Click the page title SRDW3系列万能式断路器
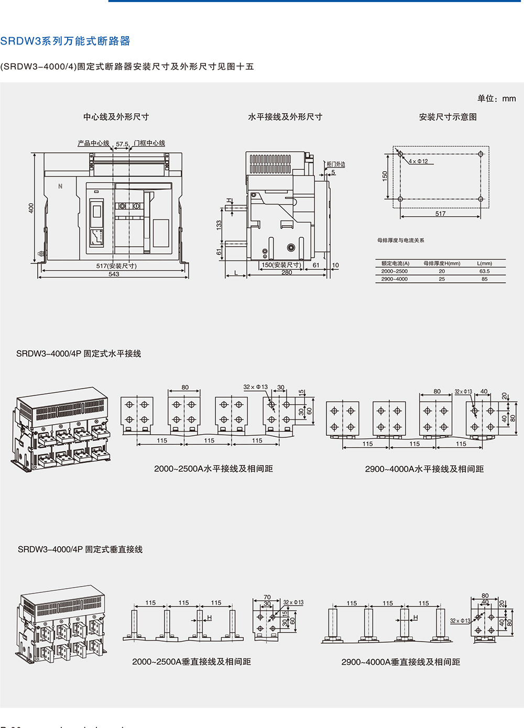tap(65, 41)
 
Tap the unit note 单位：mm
tap(496, 98)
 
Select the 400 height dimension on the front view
tap(31, 208)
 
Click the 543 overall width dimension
tap(114, 274)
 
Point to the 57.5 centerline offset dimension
tap(122, 144)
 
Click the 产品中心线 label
tap(93, 143)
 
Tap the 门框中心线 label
tap(149, 143)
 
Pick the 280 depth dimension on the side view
tap(287, 272)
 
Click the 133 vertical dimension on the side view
tap(219, 224)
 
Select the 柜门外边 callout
tap(336, 164)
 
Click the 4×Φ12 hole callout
tap(418, 161)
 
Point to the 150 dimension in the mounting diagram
tap(385, 176)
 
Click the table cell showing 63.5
tap(484, 271)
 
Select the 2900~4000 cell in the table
tap(394, 279)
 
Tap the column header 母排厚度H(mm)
tap(442, 263)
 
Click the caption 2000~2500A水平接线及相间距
tap(213, 469)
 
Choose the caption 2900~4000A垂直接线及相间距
tap(400, 662)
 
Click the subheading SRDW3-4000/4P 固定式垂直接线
tap(80, 549)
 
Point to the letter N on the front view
tap(60, 186)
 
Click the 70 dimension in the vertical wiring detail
tap(267, 597)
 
